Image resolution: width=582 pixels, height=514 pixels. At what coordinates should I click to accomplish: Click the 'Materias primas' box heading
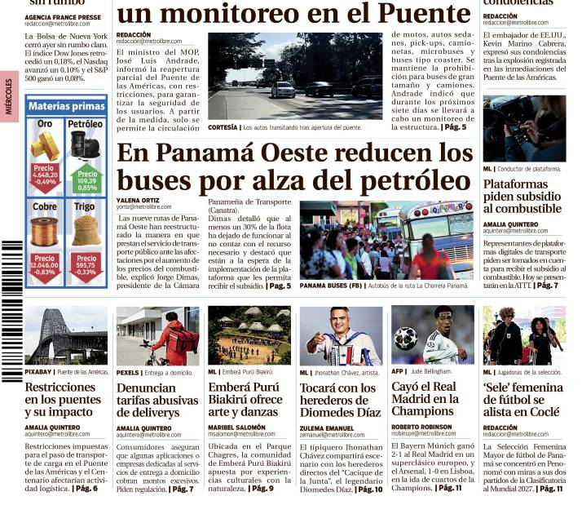pyautogui.click(x=66, y=106)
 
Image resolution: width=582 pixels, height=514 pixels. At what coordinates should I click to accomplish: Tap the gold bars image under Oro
pyautogui.click(x=45, y=146)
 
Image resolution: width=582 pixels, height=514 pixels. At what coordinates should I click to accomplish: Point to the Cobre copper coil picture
pyautogui.click(x=45, y=231)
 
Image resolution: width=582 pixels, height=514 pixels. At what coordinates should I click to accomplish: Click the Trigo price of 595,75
pyautogui.click(x=86, y=266)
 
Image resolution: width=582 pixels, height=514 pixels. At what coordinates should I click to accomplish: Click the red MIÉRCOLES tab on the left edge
pyautogui.click(x=8, y=96)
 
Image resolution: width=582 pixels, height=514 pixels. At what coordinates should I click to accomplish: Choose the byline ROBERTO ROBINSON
pyautogui.click(x=421, y=427)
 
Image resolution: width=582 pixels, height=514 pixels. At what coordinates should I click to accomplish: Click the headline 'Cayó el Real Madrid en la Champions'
pyautogui.click(x=425, y=399)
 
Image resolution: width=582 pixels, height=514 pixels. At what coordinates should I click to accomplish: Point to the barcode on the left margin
pyautogui.click(x=11, y=310)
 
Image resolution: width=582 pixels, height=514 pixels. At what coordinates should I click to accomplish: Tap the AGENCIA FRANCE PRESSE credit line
pyautogui.click(x=63, y=16)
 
